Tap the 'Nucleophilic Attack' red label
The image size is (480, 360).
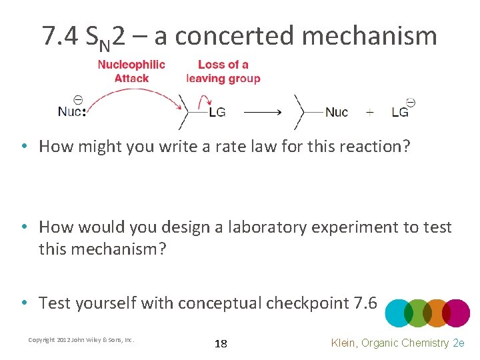(131, 71)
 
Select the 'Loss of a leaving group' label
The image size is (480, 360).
(223, 71)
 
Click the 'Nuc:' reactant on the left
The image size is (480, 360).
(72, 111)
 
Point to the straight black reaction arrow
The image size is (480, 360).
(263, 112)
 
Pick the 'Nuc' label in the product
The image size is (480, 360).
(336, 112)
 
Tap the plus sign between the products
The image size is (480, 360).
(370, 112)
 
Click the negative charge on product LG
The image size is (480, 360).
(411, 103)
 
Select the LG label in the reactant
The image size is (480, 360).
(217, 112)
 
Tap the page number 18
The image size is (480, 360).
(221, 344)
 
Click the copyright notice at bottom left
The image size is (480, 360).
(81, 340)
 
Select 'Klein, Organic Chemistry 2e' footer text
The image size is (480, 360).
(397, 343)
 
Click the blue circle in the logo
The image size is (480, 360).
(399, 313)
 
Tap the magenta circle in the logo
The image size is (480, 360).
(456, 313)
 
